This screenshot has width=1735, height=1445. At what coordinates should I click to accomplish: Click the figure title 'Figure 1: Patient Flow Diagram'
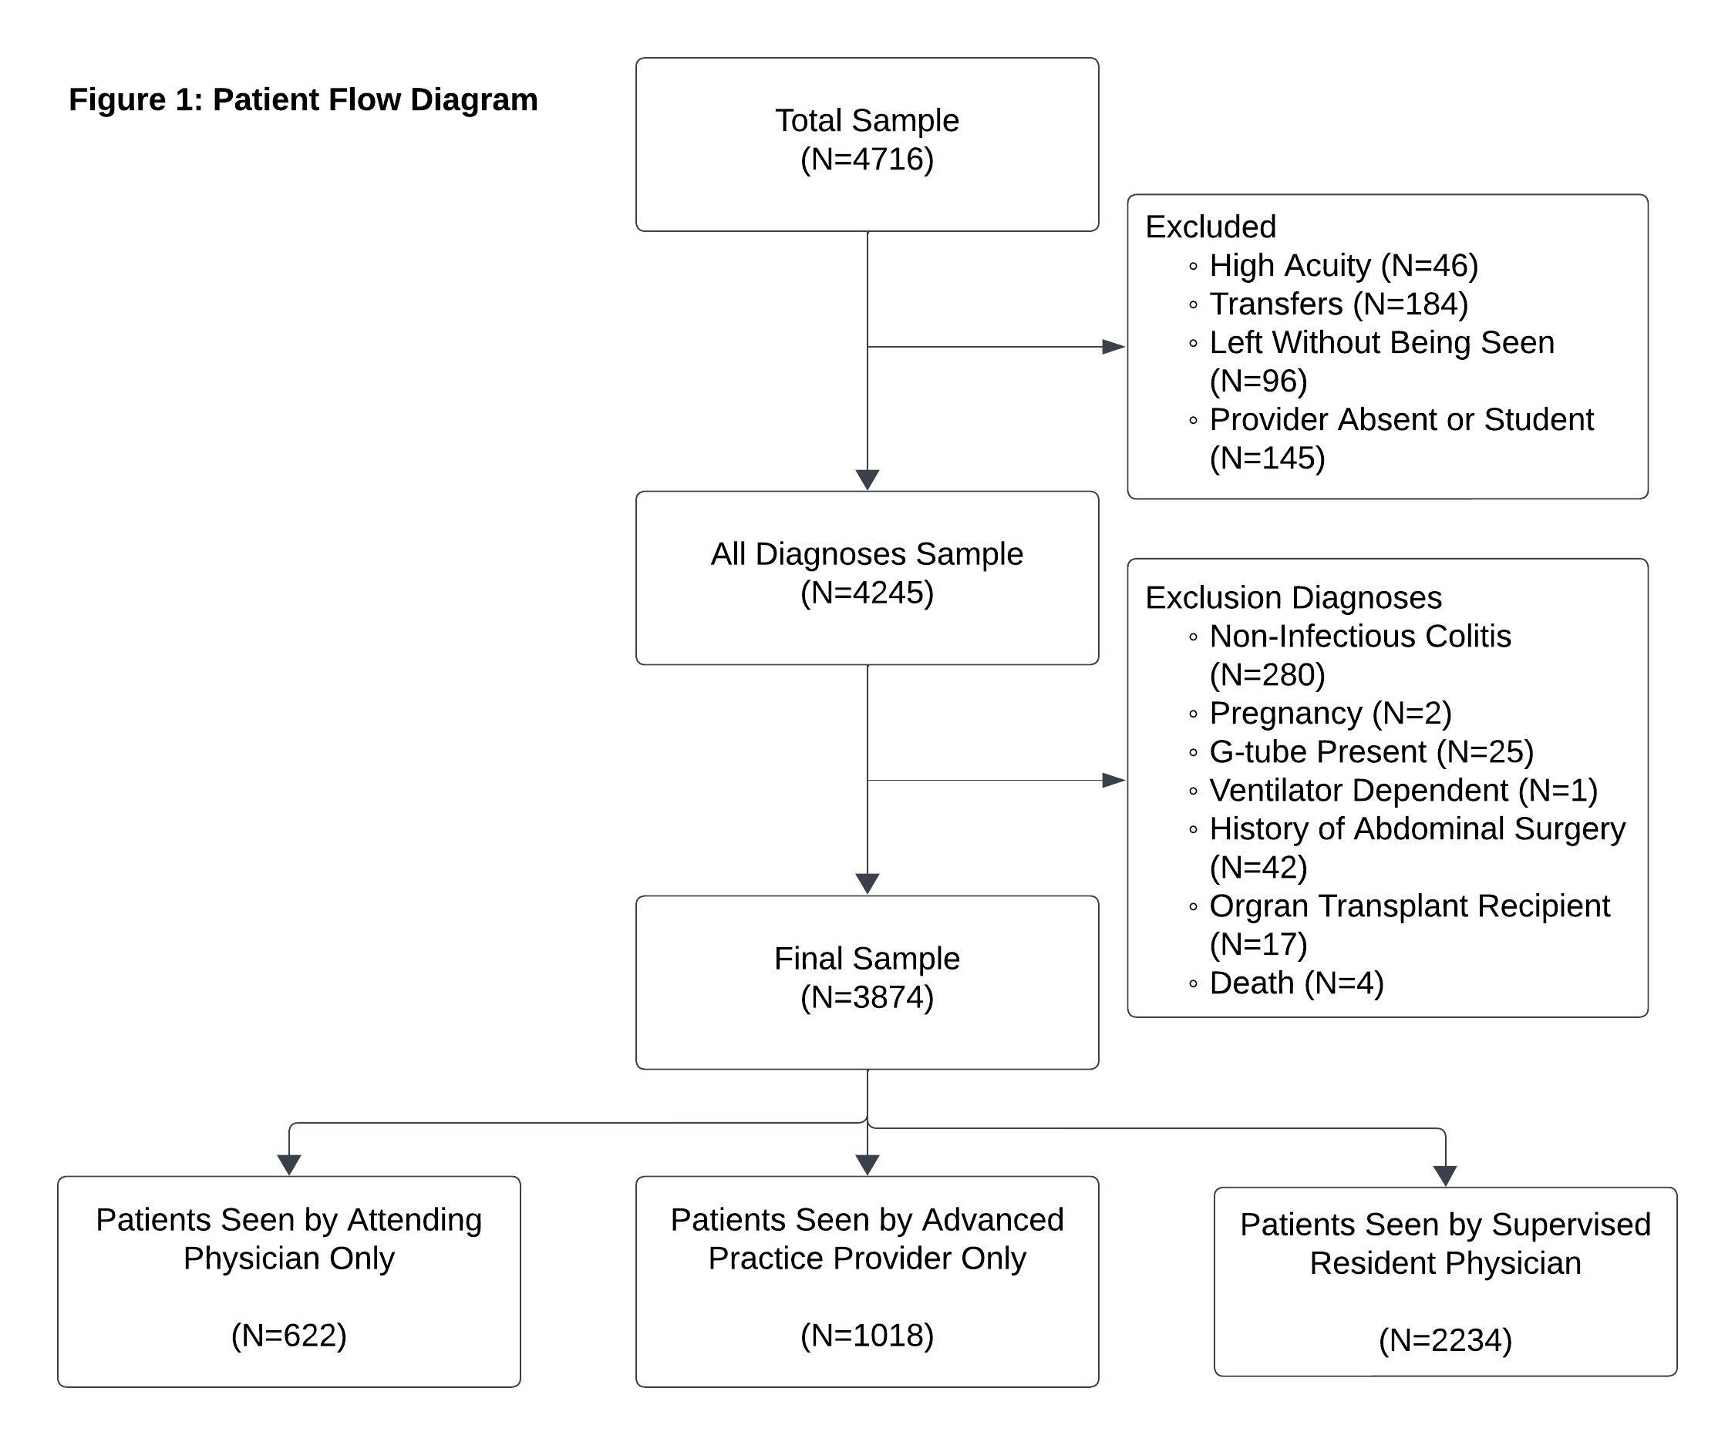click(303, 100)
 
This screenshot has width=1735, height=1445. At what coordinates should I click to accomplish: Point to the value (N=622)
click(289, 1335)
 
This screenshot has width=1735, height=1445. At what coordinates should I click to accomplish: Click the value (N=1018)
click(867, 1335)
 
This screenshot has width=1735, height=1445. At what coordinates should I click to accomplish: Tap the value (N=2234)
click(1446, 1339)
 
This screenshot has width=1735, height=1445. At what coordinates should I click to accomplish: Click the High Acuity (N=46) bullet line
click(1333, 266)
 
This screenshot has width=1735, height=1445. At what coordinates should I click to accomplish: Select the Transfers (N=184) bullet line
click(1329, 304)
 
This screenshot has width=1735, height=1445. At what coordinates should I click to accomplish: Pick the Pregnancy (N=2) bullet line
click(1320, 714)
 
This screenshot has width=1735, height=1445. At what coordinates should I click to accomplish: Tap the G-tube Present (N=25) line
click(1361, 751)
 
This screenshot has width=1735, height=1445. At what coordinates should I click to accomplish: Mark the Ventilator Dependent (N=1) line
click(1393, 790)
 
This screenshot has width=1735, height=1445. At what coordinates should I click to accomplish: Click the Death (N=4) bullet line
click(1285, 983)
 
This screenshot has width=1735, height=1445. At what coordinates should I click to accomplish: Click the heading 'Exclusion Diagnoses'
click(1294, 598)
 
